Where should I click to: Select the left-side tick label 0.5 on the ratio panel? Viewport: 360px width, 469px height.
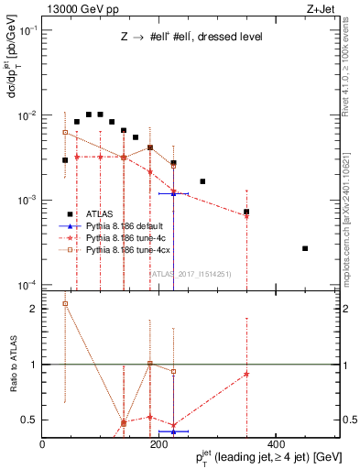tap(31, 420)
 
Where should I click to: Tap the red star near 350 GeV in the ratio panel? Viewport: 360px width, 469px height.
tap(247, 374)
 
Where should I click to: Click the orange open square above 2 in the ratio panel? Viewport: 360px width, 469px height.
tap(65, 303)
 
